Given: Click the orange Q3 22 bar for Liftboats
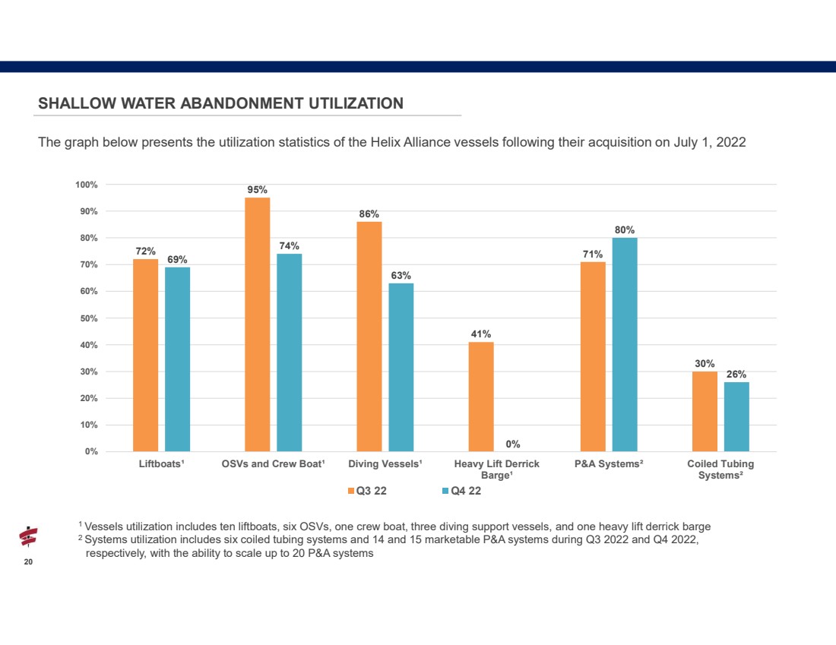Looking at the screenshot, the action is (x=146, y=355).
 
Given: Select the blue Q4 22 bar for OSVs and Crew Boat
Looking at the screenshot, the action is (x=289, y=353).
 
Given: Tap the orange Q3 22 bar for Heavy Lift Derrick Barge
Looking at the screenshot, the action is (x=481, y=397).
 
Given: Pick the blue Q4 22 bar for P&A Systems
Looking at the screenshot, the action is (x=625, y=344).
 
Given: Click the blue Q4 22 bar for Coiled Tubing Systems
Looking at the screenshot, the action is (x=737, y=417).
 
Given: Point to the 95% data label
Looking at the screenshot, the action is (x=257, y=190).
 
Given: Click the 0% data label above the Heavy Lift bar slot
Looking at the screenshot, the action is (x=513, y=444).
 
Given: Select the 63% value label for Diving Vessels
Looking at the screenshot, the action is (x=401, y=276).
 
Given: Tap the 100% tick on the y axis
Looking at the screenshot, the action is (x=87, y=185).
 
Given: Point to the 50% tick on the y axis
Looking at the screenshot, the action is (x=89, y=318).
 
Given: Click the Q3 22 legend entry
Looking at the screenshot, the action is (x=367, y=491).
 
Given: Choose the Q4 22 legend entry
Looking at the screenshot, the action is (x=462, y=491).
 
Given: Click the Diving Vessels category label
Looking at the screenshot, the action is (x=385, y=463).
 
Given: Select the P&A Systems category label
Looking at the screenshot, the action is (x=609, y=463).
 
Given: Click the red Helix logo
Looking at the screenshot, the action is (x=28, y=537).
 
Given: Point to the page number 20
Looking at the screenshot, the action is (x=28, y=562).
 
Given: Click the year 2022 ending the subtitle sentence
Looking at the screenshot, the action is (x=731, y=142).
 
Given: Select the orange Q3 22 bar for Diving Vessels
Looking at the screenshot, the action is (x=369, y=337).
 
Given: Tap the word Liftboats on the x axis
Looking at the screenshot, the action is (x=160, y=463).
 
